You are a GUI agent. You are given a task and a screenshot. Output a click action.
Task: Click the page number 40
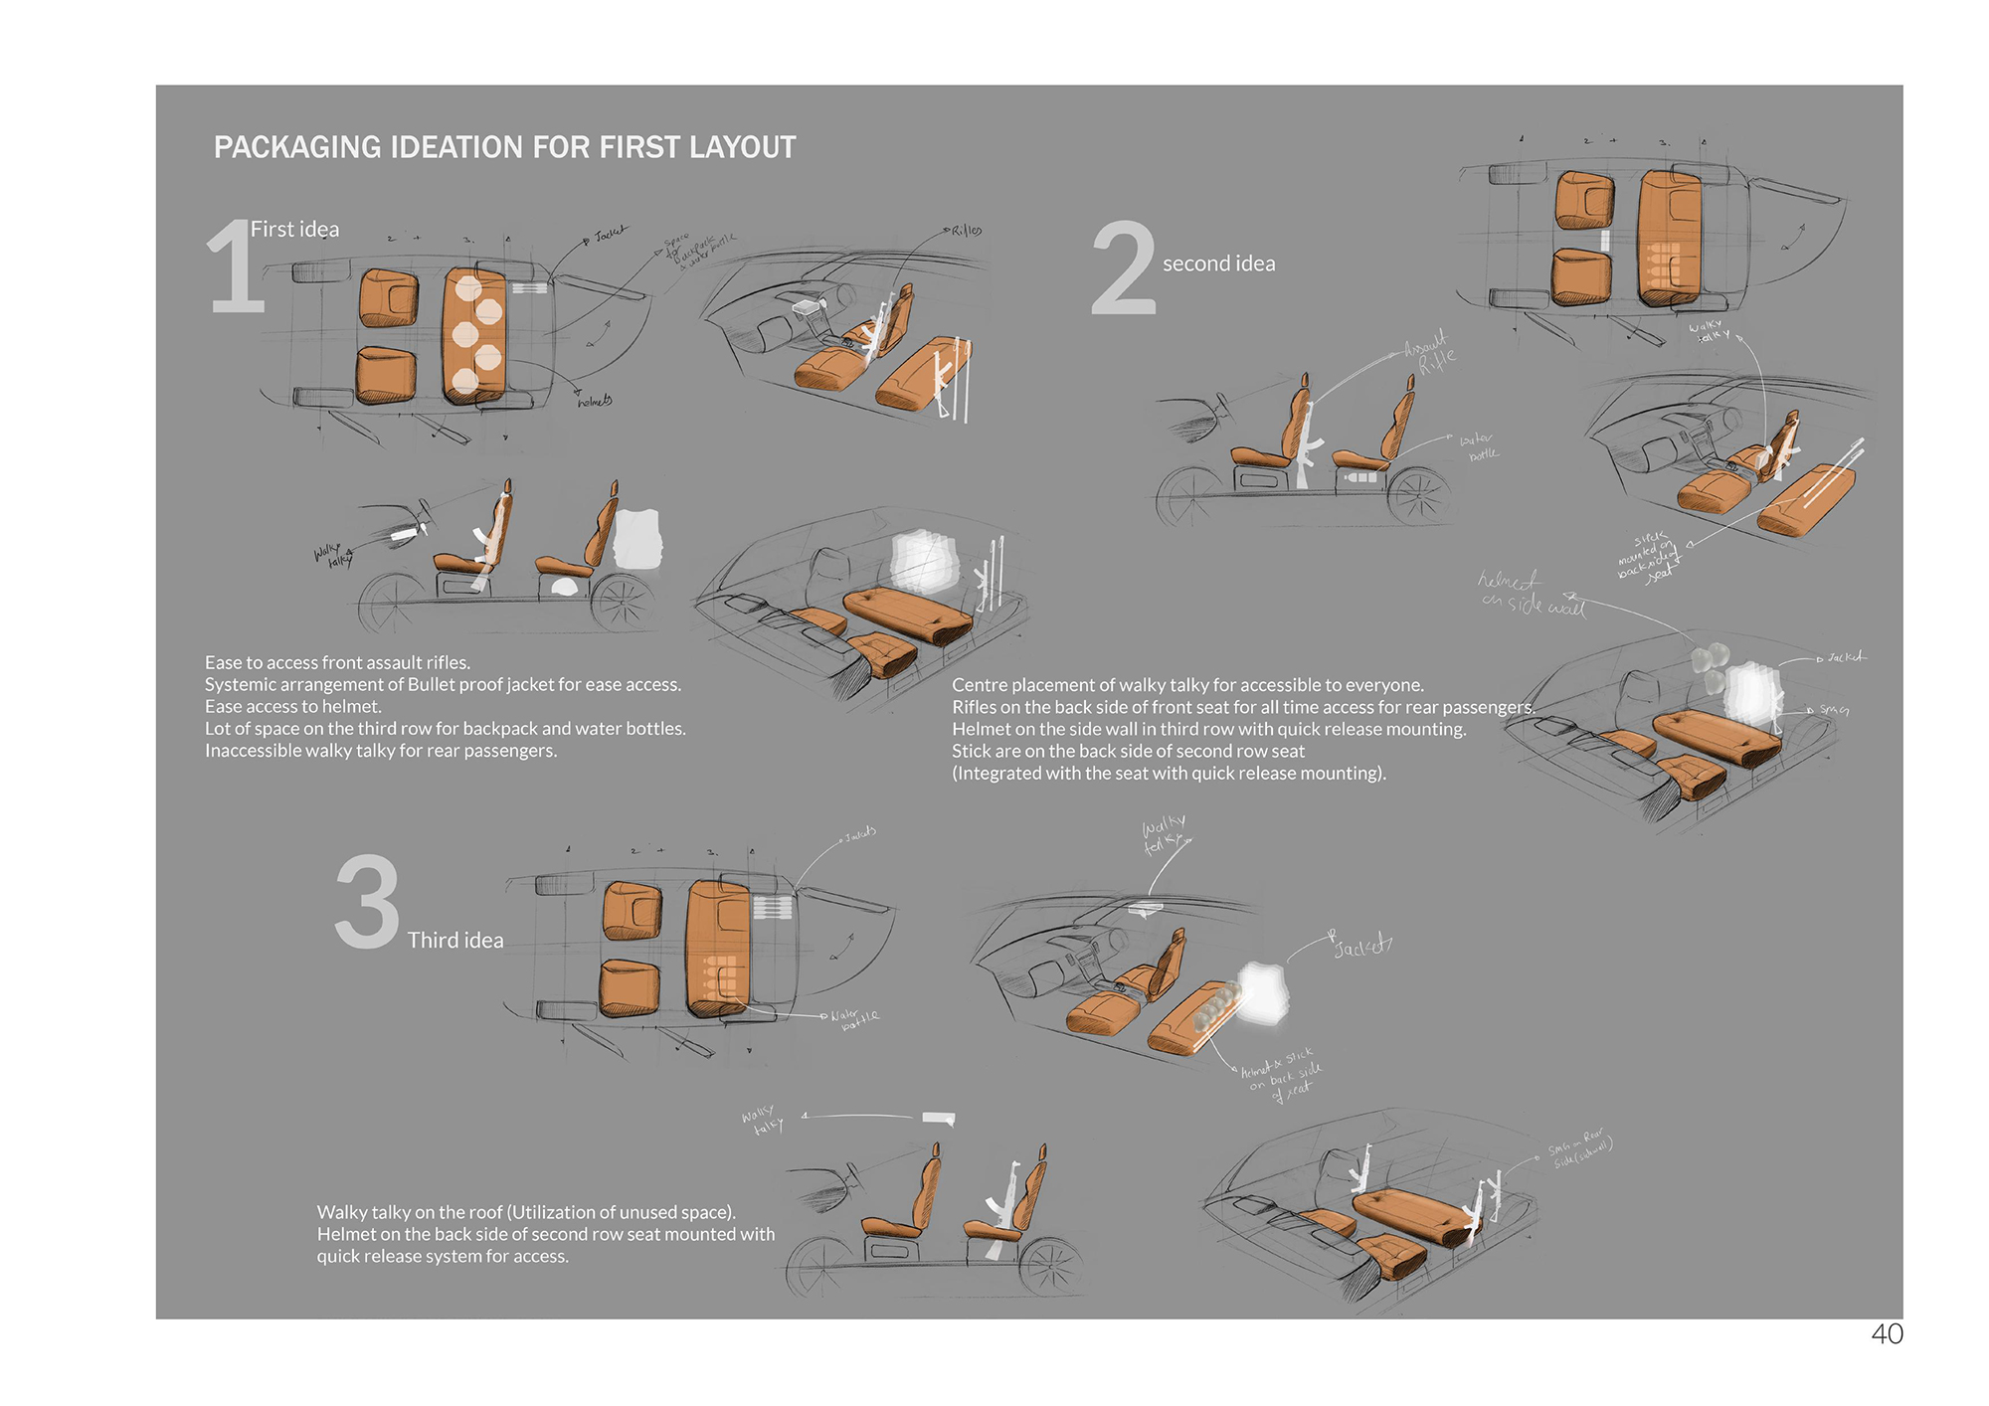(1887, 1333)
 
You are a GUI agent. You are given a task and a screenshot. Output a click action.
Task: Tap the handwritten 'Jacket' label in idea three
(1361, 947)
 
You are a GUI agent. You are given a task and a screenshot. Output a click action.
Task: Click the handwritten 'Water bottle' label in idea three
(855, 1018)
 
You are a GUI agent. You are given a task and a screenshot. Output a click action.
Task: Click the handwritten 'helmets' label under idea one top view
(595, 401)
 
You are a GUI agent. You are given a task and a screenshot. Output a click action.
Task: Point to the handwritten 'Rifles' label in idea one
(966, 231)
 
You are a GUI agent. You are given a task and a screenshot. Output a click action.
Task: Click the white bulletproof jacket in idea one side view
(637, 539)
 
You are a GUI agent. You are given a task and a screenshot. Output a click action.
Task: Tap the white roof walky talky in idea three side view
(938, 1119)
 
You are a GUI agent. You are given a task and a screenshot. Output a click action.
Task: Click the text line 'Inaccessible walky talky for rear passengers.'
(381, 751)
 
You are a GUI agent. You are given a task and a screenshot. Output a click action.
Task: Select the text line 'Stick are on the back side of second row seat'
(1128, 751)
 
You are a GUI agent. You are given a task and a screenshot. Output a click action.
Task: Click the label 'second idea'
(1218, 264)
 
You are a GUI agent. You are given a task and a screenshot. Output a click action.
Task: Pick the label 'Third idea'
(455, 940)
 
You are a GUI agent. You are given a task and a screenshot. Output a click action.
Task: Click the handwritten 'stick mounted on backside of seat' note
(1648, 557)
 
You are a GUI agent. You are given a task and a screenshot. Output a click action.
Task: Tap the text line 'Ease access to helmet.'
(293, 706)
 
